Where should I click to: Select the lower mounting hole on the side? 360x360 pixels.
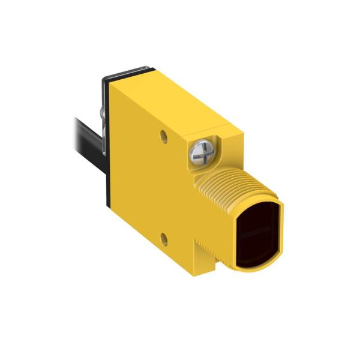163,238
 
